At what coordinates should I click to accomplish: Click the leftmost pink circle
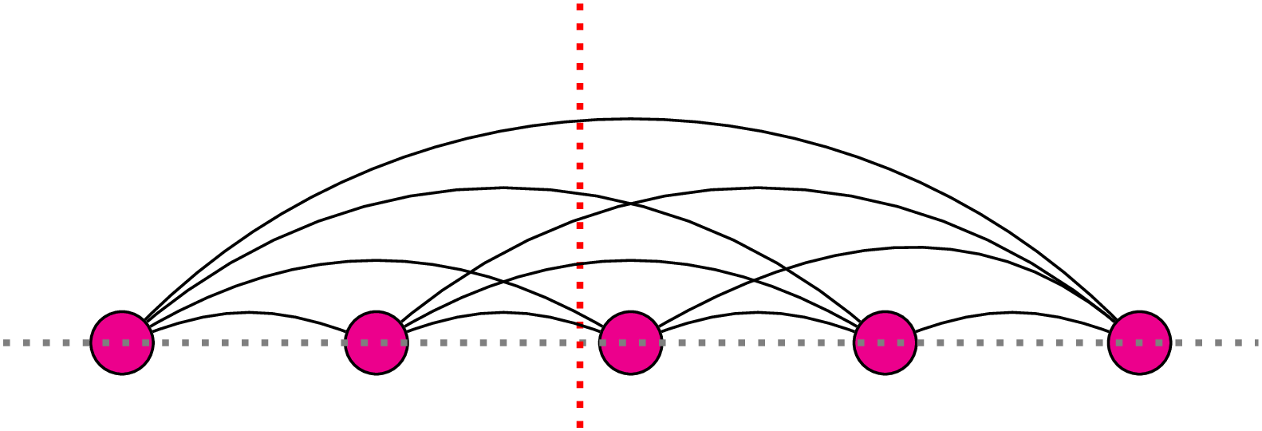(122, 342)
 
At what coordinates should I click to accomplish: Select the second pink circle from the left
(377, 342)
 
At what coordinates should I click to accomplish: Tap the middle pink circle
(631, 342)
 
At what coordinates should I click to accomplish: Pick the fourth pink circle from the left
(885, 342)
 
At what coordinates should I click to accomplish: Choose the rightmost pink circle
(1139, 342)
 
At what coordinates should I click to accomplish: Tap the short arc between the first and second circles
(249, 312)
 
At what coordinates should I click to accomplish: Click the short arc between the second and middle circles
(503, 312)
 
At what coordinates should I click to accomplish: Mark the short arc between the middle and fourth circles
(758, 312)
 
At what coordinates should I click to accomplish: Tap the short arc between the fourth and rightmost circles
(1012, 312)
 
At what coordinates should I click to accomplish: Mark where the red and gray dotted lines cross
(580, 342)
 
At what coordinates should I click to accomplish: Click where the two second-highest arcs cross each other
(631, 204)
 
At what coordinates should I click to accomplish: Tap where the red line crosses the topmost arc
(580, 121)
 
